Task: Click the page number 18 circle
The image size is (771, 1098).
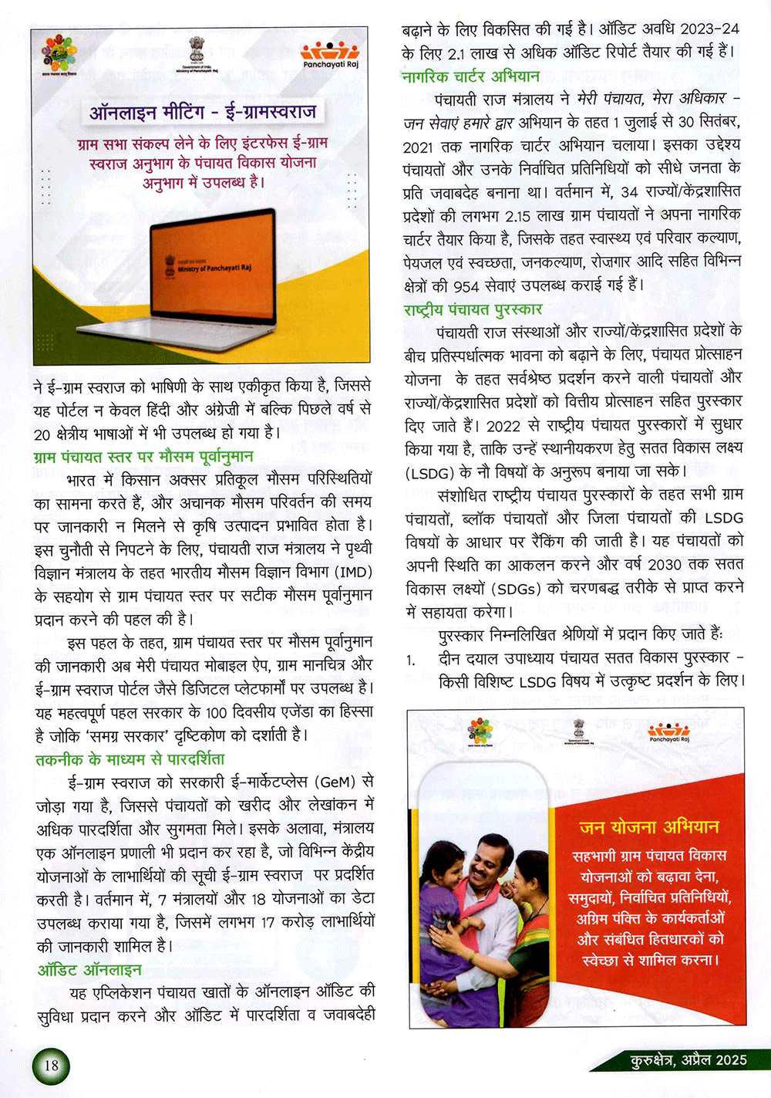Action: pyautogui.click(x=51, y=1066)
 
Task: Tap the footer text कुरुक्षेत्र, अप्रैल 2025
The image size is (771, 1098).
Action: pyautogui.click(x=689, y=1060)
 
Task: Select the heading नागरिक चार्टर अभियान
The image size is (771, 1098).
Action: pyautogui.click(x=470, y=76)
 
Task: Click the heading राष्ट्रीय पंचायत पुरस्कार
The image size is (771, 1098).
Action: pyautogui.click(x=473, y=309)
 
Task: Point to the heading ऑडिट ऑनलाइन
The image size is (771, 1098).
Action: pyautogui.click(x=89, y=969)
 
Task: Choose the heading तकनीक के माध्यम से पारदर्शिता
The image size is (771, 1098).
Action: pyautogui.click(x=130, y=759)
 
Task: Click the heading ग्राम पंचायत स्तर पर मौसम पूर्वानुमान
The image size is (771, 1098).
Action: pyautogui.click(x=143, y=457)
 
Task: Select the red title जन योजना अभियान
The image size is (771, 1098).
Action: pyautogui.click(x=649, y=827)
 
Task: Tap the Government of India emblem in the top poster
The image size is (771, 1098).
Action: pyautogui.click(x=198, y=50)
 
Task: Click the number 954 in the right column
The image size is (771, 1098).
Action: pyautogui.click(x=466, y=286)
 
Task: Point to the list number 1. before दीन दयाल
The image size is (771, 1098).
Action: pyautogui.click(x=412, y=660)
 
